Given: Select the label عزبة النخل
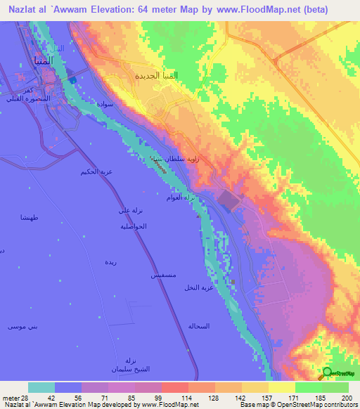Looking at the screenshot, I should (x=198, y=288).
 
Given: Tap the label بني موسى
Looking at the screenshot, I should (x=21, y=327).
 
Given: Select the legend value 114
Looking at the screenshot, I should (x=172, y=398).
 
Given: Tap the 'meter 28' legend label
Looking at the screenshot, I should (x=13, y=398).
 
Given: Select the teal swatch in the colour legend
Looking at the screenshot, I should (x=41, y=387).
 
